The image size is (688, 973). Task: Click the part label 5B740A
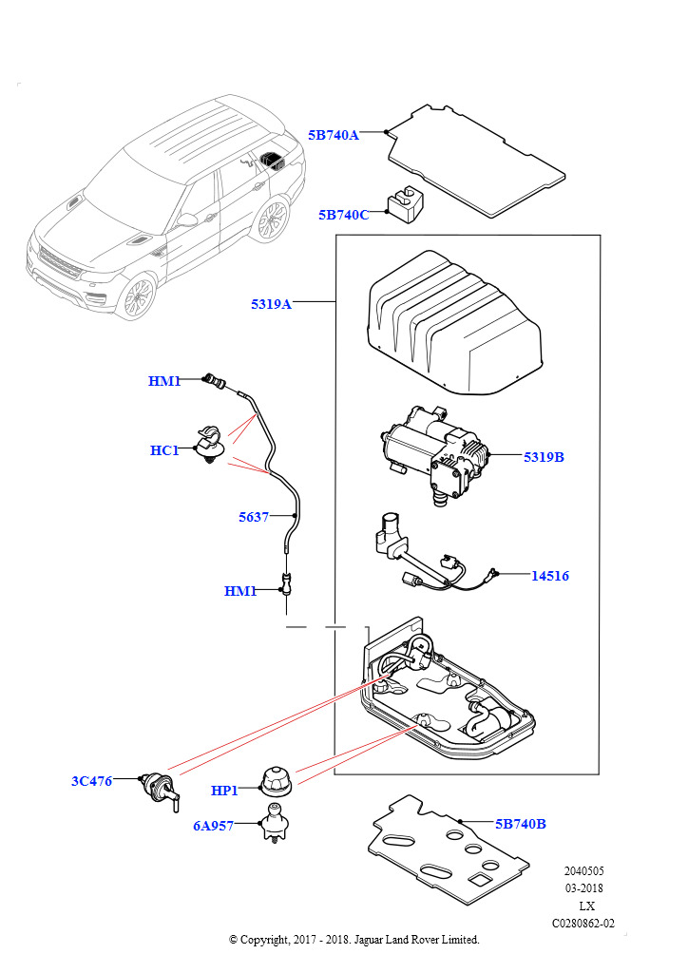(x=334, y=135)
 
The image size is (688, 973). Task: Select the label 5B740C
(x=343, y=215)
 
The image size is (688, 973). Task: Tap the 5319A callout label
(x=271, y=304)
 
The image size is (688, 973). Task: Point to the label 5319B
(x=544, y=457)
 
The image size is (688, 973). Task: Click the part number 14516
(x=550, y=576)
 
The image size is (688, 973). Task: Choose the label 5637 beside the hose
(x=254, y=518)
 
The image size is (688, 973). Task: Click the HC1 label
(x=164, y=450)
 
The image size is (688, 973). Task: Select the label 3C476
(x=91, y=781)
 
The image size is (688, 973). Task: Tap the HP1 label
(x=224, y=790)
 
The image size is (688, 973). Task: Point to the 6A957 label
(x=213, y=826)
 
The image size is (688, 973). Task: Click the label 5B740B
(x=520, y=824)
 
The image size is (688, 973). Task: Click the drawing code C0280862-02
(x=583, y=923)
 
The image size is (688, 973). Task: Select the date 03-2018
(x=584, y=888)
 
